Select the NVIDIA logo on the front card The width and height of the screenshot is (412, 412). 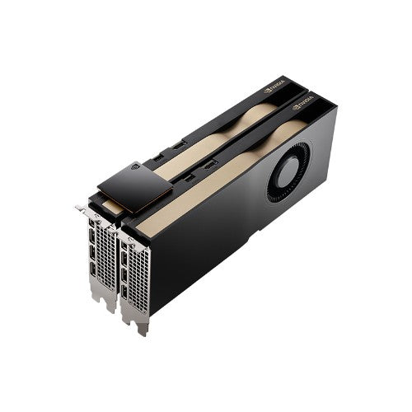click(x=303, y=105)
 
